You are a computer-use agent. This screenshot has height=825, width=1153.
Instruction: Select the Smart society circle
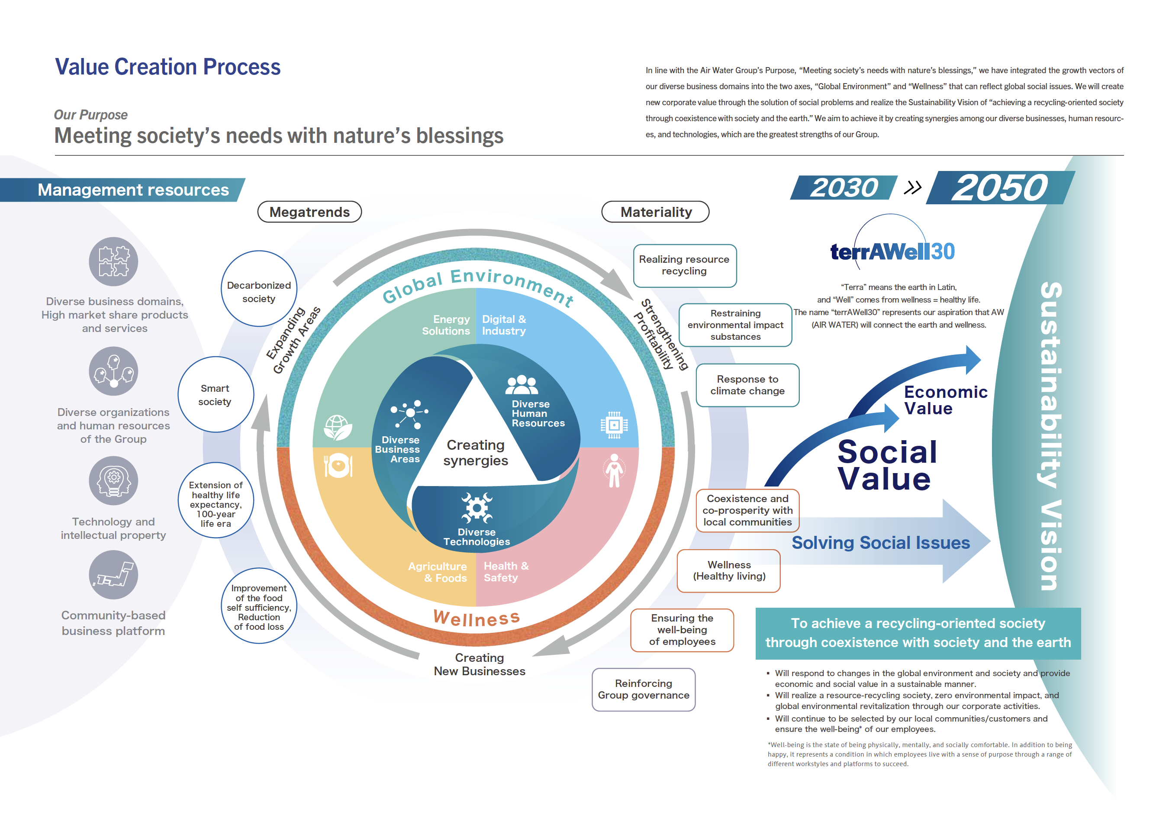(216, 394)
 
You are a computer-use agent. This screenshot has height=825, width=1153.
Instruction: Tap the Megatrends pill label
(309, 212)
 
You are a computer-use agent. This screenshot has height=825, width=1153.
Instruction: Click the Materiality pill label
(655, 212)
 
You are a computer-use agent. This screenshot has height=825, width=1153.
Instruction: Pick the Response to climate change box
(747, 385)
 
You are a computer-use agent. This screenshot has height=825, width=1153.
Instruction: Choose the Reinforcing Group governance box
(643, 690)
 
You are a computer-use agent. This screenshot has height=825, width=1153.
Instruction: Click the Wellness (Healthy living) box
(728, 570)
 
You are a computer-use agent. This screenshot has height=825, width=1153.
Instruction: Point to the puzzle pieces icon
(113, 261)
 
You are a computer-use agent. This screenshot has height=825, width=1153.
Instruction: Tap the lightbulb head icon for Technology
(113, 480)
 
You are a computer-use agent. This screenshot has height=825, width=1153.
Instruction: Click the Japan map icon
(113, 574)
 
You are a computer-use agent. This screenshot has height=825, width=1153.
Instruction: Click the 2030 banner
(844, 188)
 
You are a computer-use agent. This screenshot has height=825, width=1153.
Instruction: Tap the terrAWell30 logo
(892, 251)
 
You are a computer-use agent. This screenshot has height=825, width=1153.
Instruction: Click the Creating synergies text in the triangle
(475, 452)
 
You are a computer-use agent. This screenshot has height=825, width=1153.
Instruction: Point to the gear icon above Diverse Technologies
(477, 507)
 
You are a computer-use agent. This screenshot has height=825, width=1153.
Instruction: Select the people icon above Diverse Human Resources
(521, 385)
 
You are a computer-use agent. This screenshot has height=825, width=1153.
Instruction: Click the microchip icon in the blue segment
(614, 425)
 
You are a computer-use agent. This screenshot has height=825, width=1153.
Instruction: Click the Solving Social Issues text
(880, 542)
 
